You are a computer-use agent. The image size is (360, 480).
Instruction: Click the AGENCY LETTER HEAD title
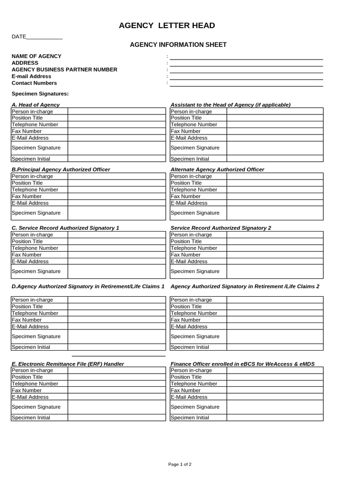pos(167,26)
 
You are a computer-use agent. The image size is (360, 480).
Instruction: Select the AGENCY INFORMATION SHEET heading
pos(178,45)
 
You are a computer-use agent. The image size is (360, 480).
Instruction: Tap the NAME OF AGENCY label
pos(37,56)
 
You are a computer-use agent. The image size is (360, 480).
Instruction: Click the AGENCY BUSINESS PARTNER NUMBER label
pos(64,69)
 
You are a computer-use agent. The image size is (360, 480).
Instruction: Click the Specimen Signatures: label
pos(40,94)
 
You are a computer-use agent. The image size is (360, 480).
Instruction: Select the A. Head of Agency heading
pos(36,105)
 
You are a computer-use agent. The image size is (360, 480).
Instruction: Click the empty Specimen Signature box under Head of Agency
pos(117,148)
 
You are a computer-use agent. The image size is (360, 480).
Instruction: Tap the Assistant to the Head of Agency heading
pos(230,105)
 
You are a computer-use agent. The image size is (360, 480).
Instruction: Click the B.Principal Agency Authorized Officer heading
pos(61,169)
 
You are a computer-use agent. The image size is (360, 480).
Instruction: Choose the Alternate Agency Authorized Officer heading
pos(217,169)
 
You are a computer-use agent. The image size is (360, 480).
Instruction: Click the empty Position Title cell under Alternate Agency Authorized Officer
pos(275,183)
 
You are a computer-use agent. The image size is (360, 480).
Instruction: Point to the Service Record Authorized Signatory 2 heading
pos(221,228)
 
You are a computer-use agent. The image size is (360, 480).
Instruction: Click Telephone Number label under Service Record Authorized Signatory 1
pos(35,248)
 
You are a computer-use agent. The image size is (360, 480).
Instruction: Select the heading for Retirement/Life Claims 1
pos(88,286)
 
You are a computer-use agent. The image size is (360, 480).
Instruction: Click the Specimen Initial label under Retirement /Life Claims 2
pos(190,347)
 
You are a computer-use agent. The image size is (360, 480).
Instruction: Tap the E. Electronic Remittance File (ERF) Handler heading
pos(68,364)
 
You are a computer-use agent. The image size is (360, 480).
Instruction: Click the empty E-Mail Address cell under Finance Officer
pos(275,397)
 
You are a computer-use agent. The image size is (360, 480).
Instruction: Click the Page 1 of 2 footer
pos(180,465)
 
